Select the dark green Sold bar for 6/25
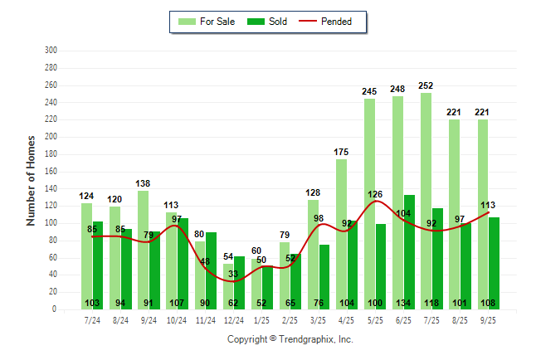pyautogui.click(x=409, y=249)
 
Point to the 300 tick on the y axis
pyautogui.click(x=51, y=51)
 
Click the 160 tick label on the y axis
pyautogui.click(x=51, y=172)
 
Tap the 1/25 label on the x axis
pyautogui.click(x=262, y=319)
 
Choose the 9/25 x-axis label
pyautogui.click(x=488, y=319)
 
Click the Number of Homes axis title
pyautogui.click(x=32, y=180)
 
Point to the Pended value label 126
pyautogui.click(x=376, y=196)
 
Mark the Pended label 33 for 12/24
pyautogui.click(x=234, y=274)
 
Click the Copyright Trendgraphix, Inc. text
pyautogui.click(x=290, y=339)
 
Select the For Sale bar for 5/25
pyautogui.click(x=369, y=207)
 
